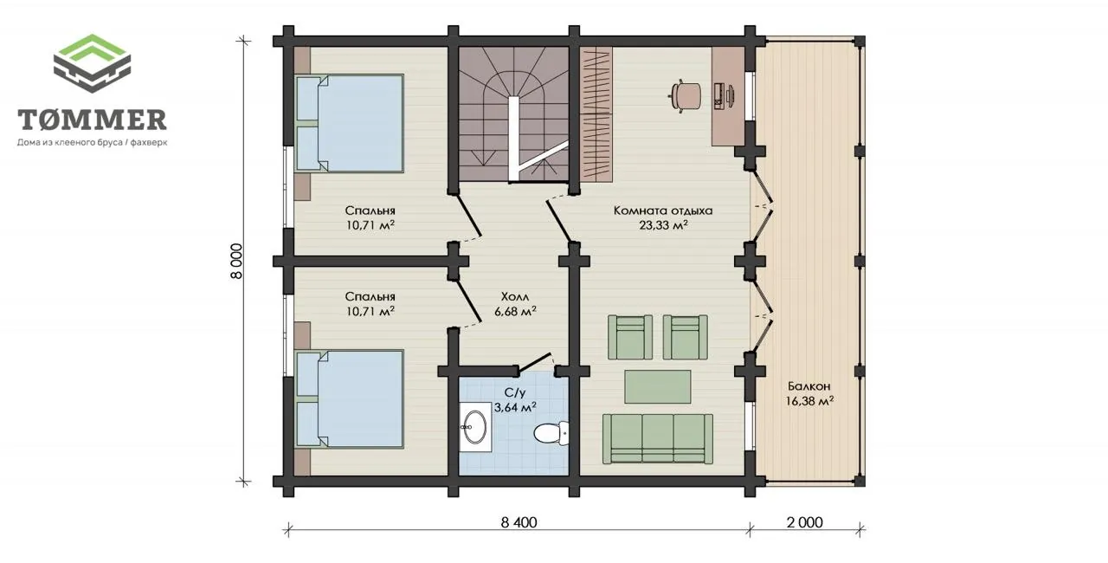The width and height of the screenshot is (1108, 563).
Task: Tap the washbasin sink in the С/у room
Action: point(475,427)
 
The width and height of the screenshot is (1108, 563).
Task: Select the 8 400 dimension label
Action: point(519,522)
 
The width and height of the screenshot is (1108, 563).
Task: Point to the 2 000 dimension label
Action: point(805,522)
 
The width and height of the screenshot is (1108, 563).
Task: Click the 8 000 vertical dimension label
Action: point(237,262)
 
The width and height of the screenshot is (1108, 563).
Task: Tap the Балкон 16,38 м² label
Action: point(809,393)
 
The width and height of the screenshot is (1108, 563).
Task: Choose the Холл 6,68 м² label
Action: point(515,304)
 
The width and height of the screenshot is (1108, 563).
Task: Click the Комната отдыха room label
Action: point(663,210)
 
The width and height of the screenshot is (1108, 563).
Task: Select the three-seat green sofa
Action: point(658,439)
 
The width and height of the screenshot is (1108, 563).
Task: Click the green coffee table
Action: point(658,387)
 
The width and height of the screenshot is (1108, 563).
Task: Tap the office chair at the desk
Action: point(685,95)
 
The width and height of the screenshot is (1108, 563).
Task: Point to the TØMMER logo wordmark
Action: point(92,120)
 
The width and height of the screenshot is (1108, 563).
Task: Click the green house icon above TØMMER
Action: point(92,63)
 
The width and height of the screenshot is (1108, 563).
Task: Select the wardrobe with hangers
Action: point(596,114)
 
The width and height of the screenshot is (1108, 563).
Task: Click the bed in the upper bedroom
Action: point(350,123)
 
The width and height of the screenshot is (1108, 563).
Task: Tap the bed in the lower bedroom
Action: point(350,399)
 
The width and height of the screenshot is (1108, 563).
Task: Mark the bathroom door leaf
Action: point(534,362)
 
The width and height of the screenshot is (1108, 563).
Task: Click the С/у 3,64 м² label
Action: point(515,400)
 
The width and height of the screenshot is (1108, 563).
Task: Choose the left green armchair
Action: point(630,338)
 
